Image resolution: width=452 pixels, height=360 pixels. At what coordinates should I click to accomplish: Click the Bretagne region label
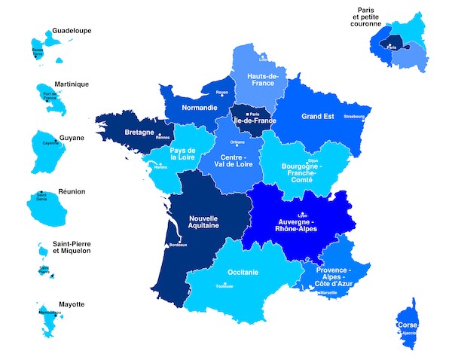point(139,132)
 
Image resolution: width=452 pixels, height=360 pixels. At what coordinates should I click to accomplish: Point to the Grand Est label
point(317,117)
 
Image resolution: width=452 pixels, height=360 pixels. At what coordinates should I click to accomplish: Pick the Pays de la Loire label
point(182,154)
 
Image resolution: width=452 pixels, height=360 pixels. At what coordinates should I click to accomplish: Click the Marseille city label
point(328,292)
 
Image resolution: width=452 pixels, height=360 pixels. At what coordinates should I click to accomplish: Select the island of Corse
point(407,324)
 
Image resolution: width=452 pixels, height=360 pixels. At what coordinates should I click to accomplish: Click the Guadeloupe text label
point(72,31)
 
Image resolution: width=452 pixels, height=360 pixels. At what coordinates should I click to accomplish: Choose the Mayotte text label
point(68,304)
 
